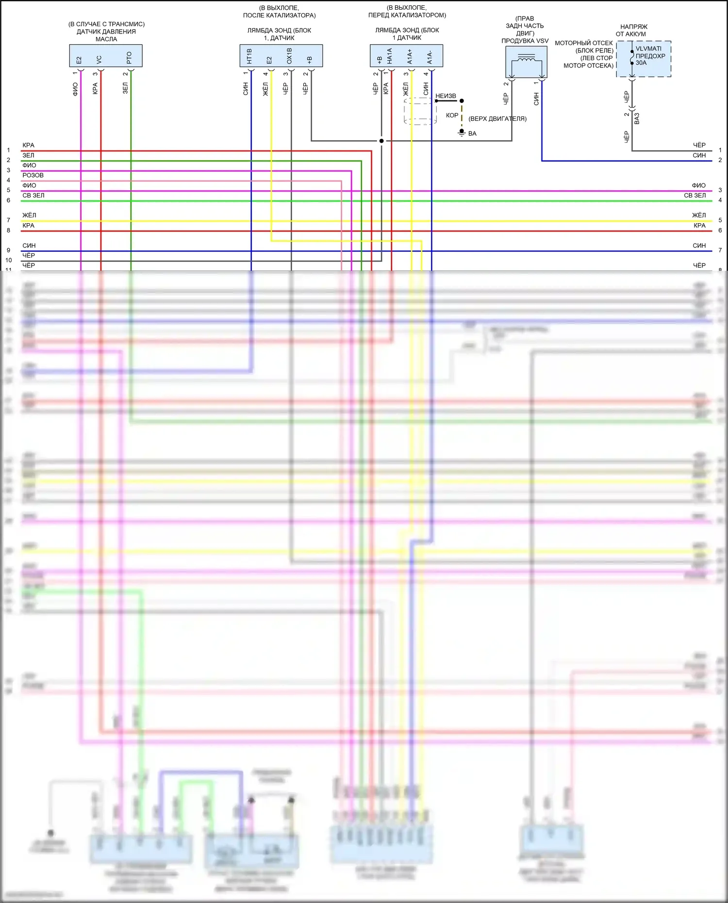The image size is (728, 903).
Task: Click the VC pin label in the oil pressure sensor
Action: click(x=99, y=59)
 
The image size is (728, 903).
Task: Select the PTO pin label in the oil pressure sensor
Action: click(x=129, y=58)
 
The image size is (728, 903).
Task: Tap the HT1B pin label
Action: click(x=249, y=56)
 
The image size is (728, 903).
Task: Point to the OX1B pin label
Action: click(x=289, y=56)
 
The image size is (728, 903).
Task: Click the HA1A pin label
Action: click(x=389, y=56)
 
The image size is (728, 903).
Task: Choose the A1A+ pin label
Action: click(x=410, y=56)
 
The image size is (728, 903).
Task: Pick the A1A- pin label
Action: click(x=430, y=57)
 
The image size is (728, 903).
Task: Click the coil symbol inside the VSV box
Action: click(x=526, y=58)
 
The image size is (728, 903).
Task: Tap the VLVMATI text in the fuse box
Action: click(x=648, y=49)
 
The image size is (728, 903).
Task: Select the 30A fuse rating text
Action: click(x=641, y=63)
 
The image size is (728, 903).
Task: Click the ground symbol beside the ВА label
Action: click(x=462, y=132)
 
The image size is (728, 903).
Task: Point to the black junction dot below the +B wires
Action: click(x=381, y=141)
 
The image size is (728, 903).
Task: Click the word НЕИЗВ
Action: click(x=446, y=96)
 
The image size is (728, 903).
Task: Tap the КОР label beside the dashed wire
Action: click(x=452, y=115)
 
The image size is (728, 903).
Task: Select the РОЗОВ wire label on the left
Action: click(x=33, y=175)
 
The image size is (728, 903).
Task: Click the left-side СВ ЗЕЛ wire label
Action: click(x=33, y=196)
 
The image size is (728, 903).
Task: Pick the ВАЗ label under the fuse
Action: click(x=637, y=118)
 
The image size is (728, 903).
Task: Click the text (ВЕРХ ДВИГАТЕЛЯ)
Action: click(x=497, y=119)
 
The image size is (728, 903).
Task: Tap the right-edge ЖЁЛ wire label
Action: click(x=699, y=215)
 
